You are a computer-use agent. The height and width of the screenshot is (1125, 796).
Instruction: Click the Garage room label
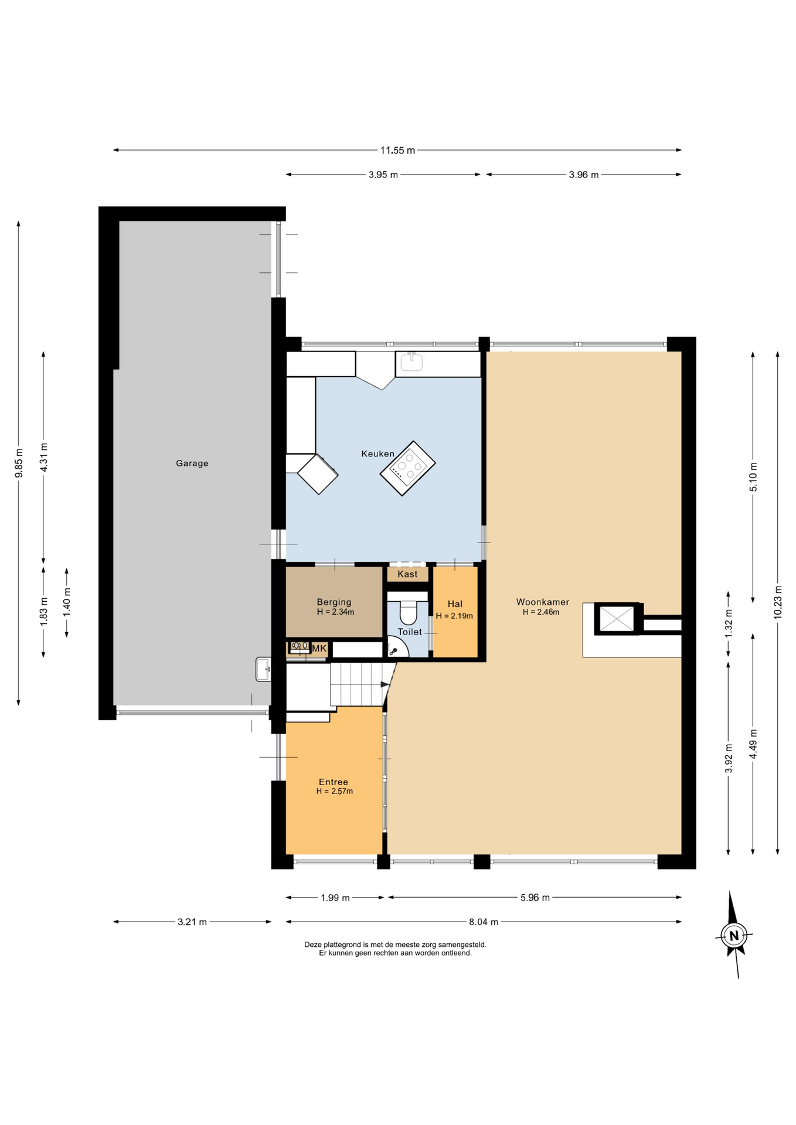pos(192,463)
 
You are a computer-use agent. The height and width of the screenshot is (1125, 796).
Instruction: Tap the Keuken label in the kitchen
pos(377,454)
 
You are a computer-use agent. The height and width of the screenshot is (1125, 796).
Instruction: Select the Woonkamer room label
pos(542,602)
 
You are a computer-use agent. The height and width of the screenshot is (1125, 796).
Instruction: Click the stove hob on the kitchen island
pos(408,468)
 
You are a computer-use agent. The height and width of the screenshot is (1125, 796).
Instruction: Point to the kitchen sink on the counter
pos(412,363)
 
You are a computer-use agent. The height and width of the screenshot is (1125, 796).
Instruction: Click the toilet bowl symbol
pos(408,612)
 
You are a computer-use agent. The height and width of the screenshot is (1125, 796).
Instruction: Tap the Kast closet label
pos(407,574)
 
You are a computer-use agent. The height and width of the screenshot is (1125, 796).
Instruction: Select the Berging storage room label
pos(334,602)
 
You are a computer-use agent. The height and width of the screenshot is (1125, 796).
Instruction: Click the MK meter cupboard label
pos(319,649)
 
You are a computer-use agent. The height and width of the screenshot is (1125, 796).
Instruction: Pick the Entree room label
pos(333,782)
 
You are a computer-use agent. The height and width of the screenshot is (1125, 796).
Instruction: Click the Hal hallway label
pos(455,604)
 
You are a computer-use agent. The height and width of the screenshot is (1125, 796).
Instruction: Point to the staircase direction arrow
pos(385,684)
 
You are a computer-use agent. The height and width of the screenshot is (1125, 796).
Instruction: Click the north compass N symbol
pos(733,935)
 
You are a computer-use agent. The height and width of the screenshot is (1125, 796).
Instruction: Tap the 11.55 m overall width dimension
pos(397,151)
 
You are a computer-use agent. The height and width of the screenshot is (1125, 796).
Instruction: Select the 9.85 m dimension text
pos(19,463)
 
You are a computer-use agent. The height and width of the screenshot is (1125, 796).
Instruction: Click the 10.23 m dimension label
pos(778,602)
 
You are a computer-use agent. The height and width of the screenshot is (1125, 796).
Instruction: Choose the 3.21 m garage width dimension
pos(192,922)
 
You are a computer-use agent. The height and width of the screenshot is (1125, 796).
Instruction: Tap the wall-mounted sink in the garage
pos(263,669)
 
